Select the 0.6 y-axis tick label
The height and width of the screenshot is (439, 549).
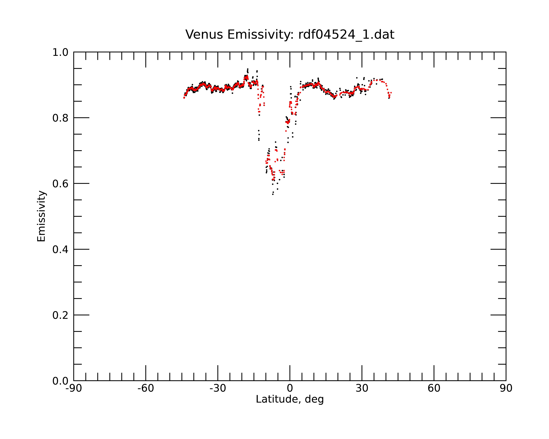[x=60, y=184]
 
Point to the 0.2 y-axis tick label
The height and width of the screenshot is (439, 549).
[x=60, y=315]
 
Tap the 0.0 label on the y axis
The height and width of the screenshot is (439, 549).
[x=60, y=381]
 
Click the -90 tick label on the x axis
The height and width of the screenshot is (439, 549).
[x=74, y=388]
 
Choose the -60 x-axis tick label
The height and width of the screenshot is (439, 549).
[x=146, y=388]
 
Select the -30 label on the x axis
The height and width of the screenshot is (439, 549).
[x=218, y=388]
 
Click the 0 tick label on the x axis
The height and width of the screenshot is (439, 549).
[x=290, y=388]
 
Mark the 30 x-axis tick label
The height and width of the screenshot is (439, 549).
[x=362, y=388]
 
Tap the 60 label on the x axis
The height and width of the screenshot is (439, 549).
[x=434, y=388]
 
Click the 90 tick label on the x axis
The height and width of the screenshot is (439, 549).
[x=506, y=388]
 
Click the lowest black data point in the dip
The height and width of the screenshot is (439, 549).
[x=273, y=194]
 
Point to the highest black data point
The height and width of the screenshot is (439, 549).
[x=247, y=69]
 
